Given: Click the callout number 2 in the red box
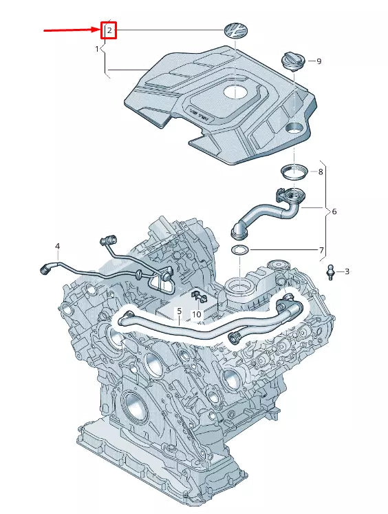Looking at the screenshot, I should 109,30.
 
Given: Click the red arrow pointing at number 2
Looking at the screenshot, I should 72,30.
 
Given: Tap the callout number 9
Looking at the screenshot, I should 319,61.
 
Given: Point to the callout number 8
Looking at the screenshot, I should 320,172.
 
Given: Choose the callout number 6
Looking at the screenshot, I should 334,212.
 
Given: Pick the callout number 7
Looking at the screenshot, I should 321,249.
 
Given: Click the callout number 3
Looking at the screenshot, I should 347,271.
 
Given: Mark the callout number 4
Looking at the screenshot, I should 58,246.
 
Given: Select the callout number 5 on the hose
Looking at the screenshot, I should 179,311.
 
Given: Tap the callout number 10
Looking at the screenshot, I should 196,314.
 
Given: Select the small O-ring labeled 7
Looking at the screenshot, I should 240,249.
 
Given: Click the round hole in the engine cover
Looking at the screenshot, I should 294,127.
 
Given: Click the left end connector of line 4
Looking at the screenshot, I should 45,270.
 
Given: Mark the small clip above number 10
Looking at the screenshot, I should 200,297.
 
